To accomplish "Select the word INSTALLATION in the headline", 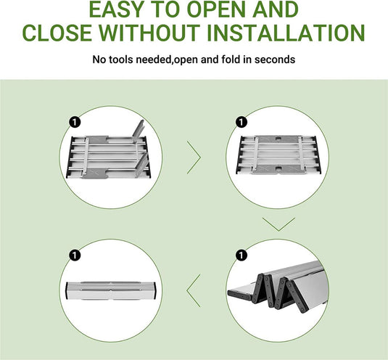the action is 286,33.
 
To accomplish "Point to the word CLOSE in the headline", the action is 57,33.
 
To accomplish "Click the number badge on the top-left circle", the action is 75,123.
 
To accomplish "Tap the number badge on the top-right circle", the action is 242,123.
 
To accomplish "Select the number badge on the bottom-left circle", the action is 75,255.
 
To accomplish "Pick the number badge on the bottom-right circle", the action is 242,255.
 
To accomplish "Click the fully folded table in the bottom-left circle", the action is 111,290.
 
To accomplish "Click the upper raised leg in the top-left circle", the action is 138,129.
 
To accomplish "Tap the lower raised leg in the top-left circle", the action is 142,164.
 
